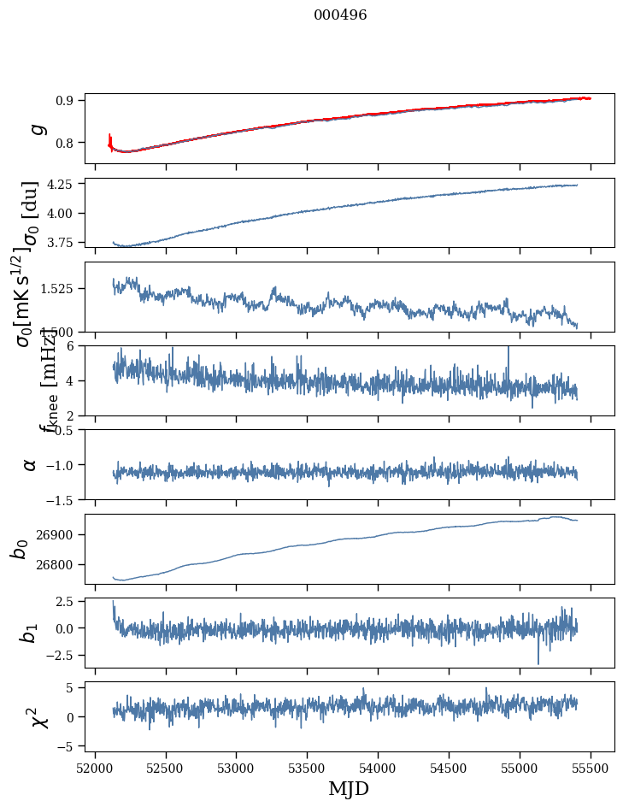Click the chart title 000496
tap(340, 15)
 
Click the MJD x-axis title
tap(349, 788)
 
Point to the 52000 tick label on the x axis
tap(95, 768)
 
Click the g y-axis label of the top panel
tap(35, 128)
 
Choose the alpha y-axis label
tap(30, 464)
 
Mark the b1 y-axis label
tap(28, 633)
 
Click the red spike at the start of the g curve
tap(110, 139)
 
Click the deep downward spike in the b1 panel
tap(538, 661)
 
